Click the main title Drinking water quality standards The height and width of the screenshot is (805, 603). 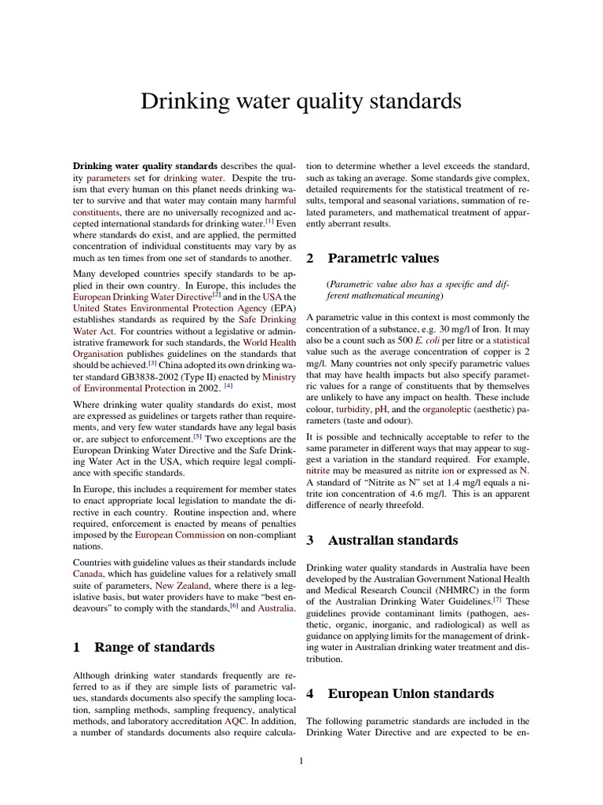click(301, 101)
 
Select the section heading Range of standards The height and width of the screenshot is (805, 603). click(154, 647)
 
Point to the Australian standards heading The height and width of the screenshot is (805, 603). click(393, 540)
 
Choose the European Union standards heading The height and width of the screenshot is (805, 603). click(411, 693)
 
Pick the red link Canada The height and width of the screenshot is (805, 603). click(89, 575)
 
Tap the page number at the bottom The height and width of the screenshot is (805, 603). click(301, 760)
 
